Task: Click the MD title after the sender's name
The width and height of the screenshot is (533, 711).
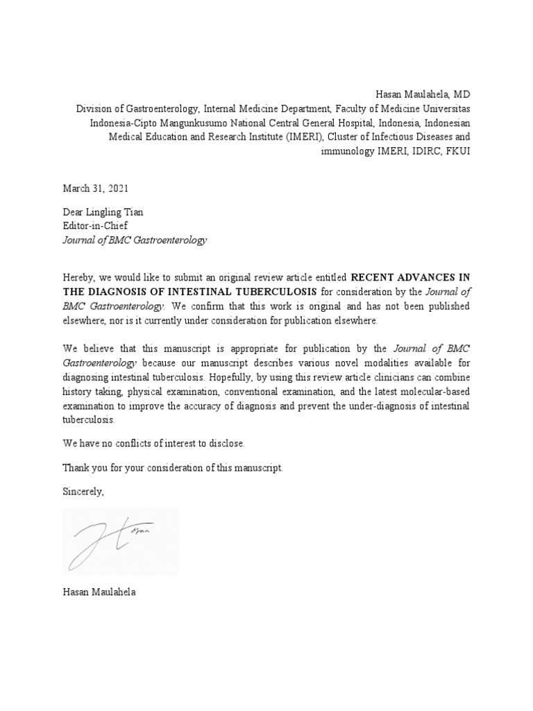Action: pyautogui.click(x=462, y=94)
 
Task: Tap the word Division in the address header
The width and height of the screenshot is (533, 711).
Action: pyautogui.click(x=94, y=108)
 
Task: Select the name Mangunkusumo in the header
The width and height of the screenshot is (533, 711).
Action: pyautogui.click(x=194, y=122)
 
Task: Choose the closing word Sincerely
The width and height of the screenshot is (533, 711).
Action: pyautogui.click(x=83, y=492)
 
